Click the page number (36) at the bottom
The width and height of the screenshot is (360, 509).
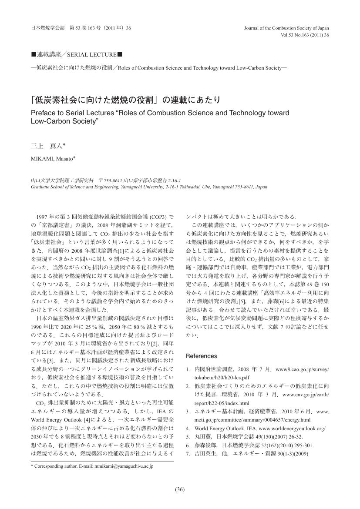(x=180, y=489)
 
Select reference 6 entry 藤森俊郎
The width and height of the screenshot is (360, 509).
(x=206, y=445)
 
